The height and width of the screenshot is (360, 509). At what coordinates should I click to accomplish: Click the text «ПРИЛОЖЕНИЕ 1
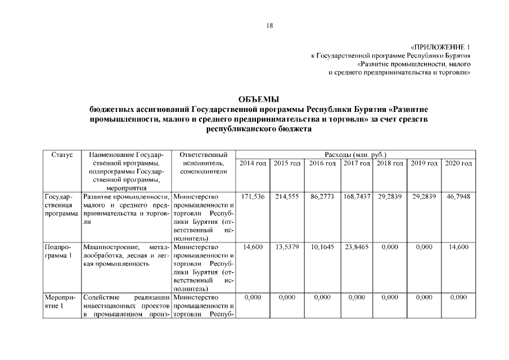coord(440,47)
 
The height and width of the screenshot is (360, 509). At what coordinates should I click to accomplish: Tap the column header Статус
coord(62,154)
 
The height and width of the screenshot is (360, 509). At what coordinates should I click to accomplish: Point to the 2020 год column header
coord(458,163)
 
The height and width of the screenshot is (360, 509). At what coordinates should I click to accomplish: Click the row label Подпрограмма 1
coord(58,251)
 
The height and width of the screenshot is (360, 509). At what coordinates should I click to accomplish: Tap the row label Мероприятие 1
coord(60,301)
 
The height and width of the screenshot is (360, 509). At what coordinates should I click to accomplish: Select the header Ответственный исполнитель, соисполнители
coord(203,163)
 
